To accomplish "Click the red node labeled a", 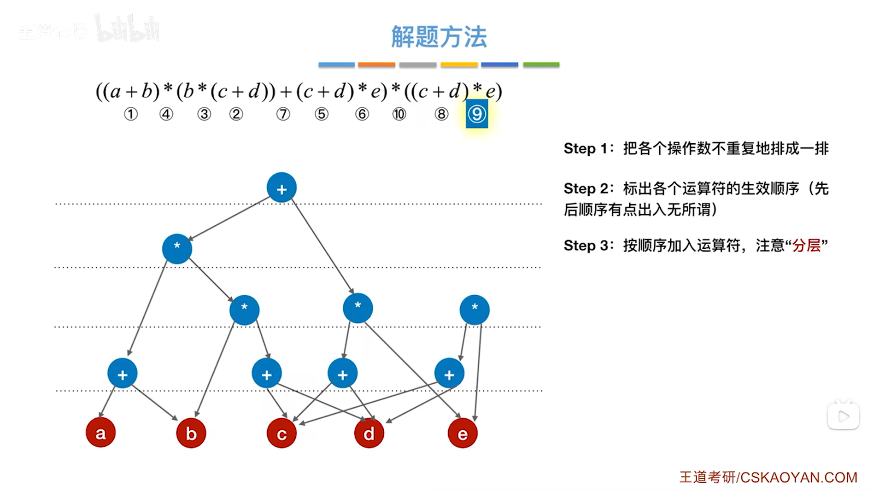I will [x=100, y=433].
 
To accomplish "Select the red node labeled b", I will [x=191, y=433].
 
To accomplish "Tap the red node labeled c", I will [x=281, y=433].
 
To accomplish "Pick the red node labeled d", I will [x=369, y=433].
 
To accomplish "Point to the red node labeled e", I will [x=463, y=433].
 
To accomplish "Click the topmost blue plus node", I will [x=281, y=188].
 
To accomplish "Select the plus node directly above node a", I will [x=123, y=374].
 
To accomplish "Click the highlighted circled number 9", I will [x=477, y=114].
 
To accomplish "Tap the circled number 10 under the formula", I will [x=399, y=114].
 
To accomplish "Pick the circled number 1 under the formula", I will [x=131, y=114].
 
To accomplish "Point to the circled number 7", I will [x=283, y=114].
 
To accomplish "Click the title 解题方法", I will [x=439, y=37].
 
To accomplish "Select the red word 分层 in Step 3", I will [x=806, y=246].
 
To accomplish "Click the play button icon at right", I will [x=844, y=416].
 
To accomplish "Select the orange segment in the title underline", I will [x=376, y=65].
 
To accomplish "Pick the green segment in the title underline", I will [x=541, y=65].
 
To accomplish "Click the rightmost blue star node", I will [x=475, y=310].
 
